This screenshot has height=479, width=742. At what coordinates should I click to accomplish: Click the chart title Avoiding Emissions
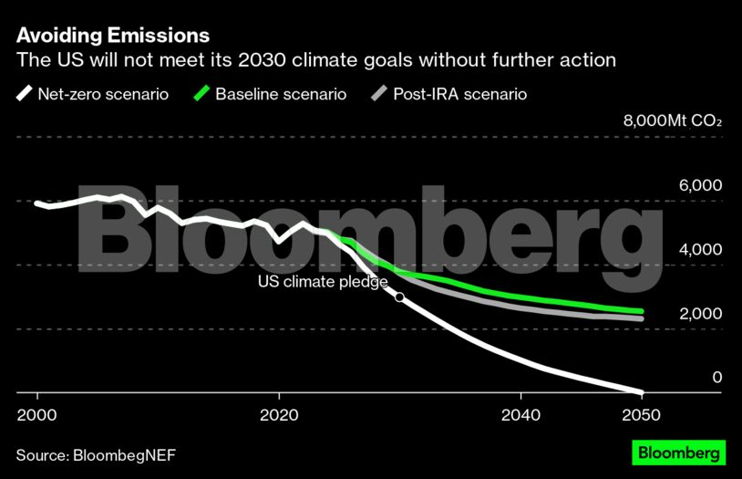(112, 36)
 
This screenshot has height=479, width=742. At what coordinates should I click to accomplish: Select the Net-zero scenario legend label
(103, 93)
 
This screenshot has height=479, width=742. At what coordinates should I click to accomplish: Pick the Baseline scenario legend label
(281, 93)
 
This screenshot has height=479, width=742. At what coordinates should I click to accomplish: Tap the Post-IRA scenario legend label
(459, 93)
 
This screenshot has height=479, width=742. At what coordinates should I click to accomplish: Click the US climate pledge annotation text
(323, 282)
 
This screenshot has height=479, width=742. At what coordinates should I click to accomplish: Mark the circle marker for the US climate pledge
(399, 297)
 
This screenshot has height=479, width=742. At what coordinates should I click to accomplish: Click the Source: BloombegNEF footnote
(94, 453)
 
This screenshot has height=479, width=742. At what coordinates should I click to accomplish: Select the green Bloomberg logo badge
(678, 453)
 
